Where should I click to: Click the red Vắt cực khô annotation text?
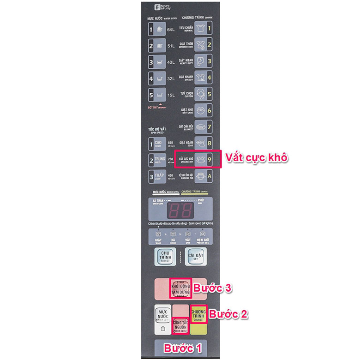pyautogui.click(x=257, y=157)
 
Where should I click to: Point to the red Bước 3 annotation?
pyautogui.click(x=212, y=288)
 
